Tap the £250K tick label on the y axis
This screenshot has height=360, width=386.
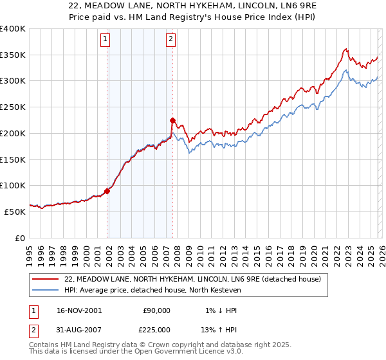13,107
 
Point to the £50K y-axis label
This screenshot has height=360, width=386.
15,211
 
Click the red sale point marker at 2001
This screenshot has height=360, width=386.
107,191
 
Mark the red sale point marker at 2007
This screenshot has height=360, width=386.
172,120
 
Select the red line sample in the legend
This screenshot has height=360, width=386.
46,280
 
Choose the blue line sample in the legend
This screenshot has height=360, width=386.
46,290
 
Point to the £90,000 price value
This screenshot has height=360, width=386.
157,310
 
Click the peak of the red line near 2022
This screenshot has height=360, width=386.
346,49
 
